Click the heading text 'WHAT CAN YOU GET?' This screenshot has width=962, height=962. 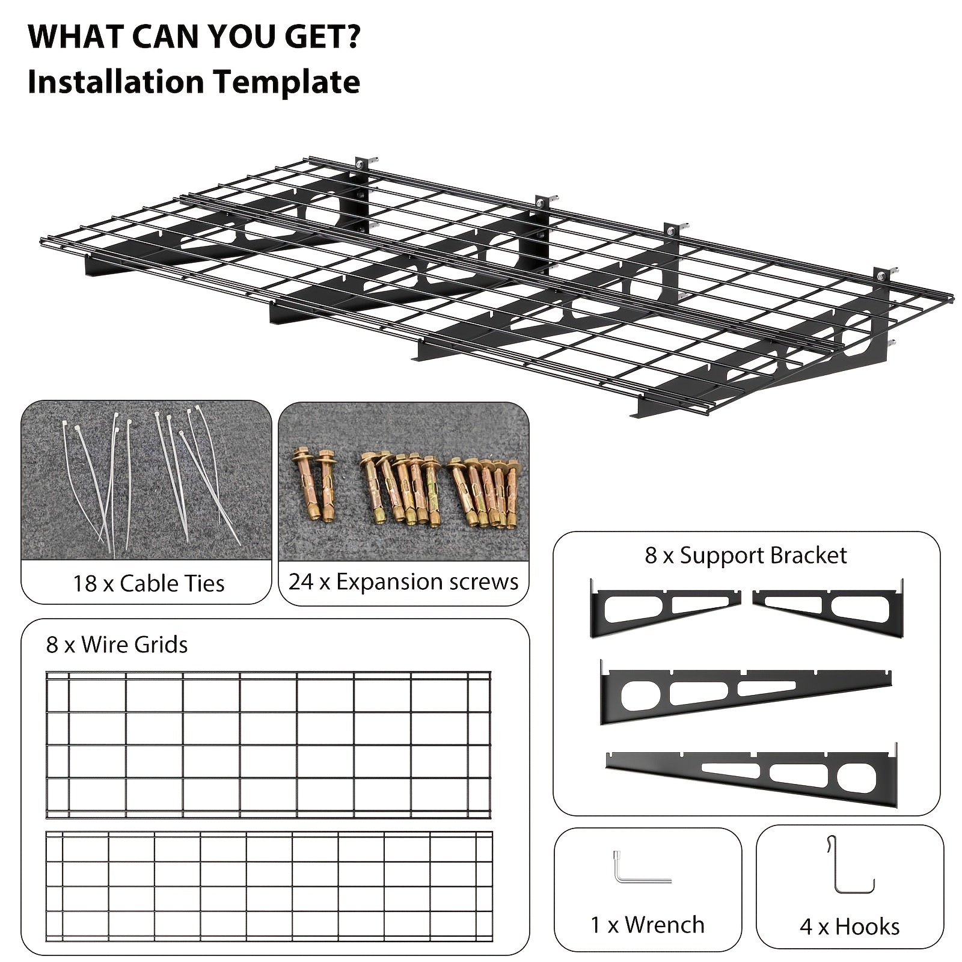click(x=194, y=37)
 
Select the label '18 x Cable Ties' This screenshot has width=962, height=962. click(x=149, y=583)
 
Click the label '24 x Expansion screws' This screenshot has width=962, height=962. click(x=403, y=581)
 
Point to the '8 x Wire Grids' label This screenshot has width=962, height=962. click(x=117, y=645)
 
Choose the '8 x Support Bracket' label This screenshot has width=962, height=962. click(x=746, y=555)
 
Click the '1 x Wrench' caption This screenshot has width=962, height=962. click(x=648, y=925)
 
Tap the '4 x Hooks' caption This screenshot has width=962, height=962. click(x=850, y=927)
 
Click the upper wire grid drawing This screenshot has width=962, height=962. click(x=269, y=746)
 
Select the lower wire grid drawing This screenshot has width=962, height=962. click(x=269, y=887)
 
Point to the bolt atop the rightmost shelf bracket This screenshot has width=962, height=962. click(x=881, y=276)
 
